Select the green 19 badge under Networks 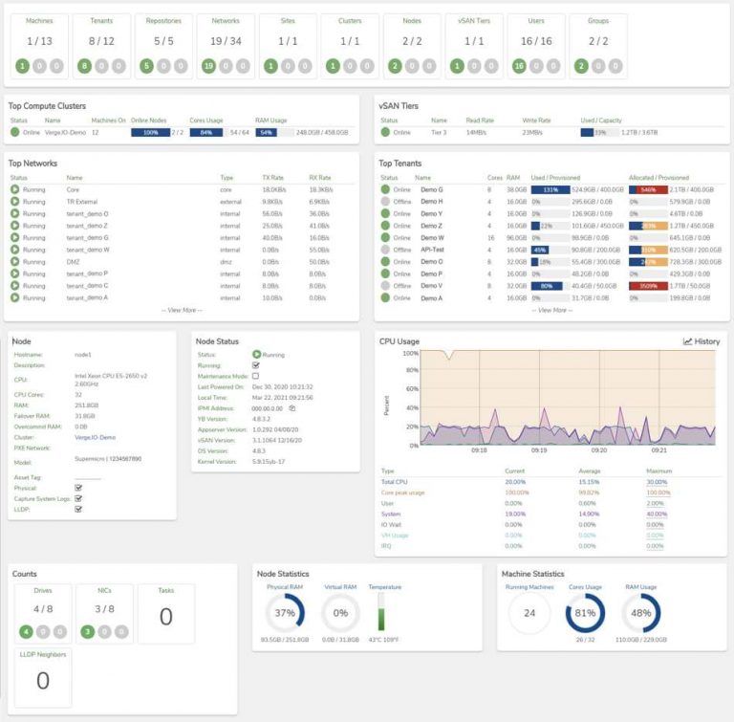pyautogui.click(x=209, y=66)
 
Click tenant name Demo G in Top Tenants pyautogui.click(x=432, y=189)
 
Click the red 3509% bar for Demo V pyautogui.click(x=648, y=285)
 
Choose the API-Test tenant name pyautogui.click(x=434, y=249)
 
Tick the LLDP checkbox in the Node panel pyautogui.click(x=78, y=509)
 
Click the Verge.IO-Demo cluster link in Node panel pyautogui.click(x=95, y=436)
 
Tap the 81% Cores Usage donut pyautogui.click(x=586, y=612)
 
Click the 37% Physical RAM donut pyautogui.click(x=284, y=612)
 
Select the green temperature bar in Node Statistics pyautogui.click(x=382, y=612)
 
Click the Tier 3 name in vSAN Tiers pyautogui.click(x=439, y=133)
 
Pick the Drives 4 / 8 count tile pyautogui.click(x=42, y=609)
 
